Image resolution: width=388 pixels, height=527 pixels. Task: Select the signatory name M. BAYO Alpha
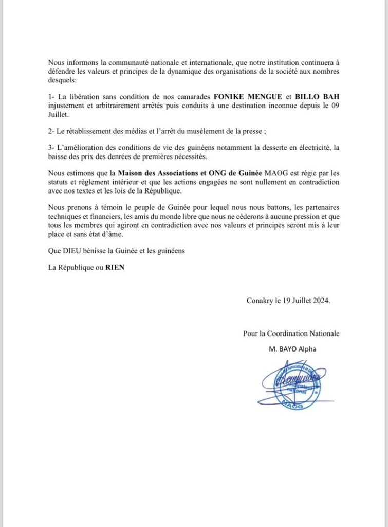[292, 349]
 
